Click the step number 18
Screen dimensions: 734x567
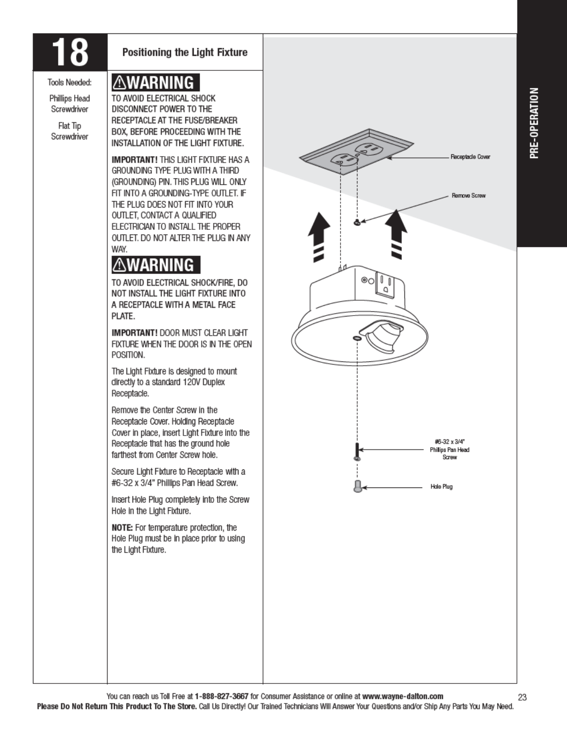[x=69, y=52]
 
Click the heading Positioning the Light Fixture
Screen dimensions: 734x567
[x=185, y=52]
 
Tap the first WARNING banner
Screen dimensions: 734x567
[x=156, y=82]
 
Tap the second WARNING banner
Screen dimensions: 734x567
[x=156, y=265]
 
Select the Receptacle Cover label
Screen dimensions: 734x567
[x=470, y=157]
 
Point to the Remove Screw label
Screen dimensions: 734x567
[x=468, y=196]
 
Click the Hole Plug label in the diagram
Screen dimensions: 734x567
[x=441, y=487]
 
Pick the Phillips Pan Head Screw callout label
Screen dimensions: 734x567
[x=449, y=449]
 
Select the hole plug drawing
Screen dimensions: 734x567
[x=357, y=487]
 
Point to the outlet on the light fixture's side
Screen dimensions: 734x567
[x=385, y=284]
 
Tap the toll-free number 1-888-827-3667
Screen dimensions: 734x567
[x=221, y=696]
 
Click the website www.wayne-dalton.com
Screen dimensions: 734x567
[x=403, y=696]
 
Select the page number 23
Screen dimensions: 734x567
[x=523, y=697]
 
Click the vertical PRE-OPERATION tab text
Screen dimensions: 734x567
[x=535, y=123]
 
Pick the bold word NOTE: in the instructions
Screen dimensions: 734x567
[x=122, y=527]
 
